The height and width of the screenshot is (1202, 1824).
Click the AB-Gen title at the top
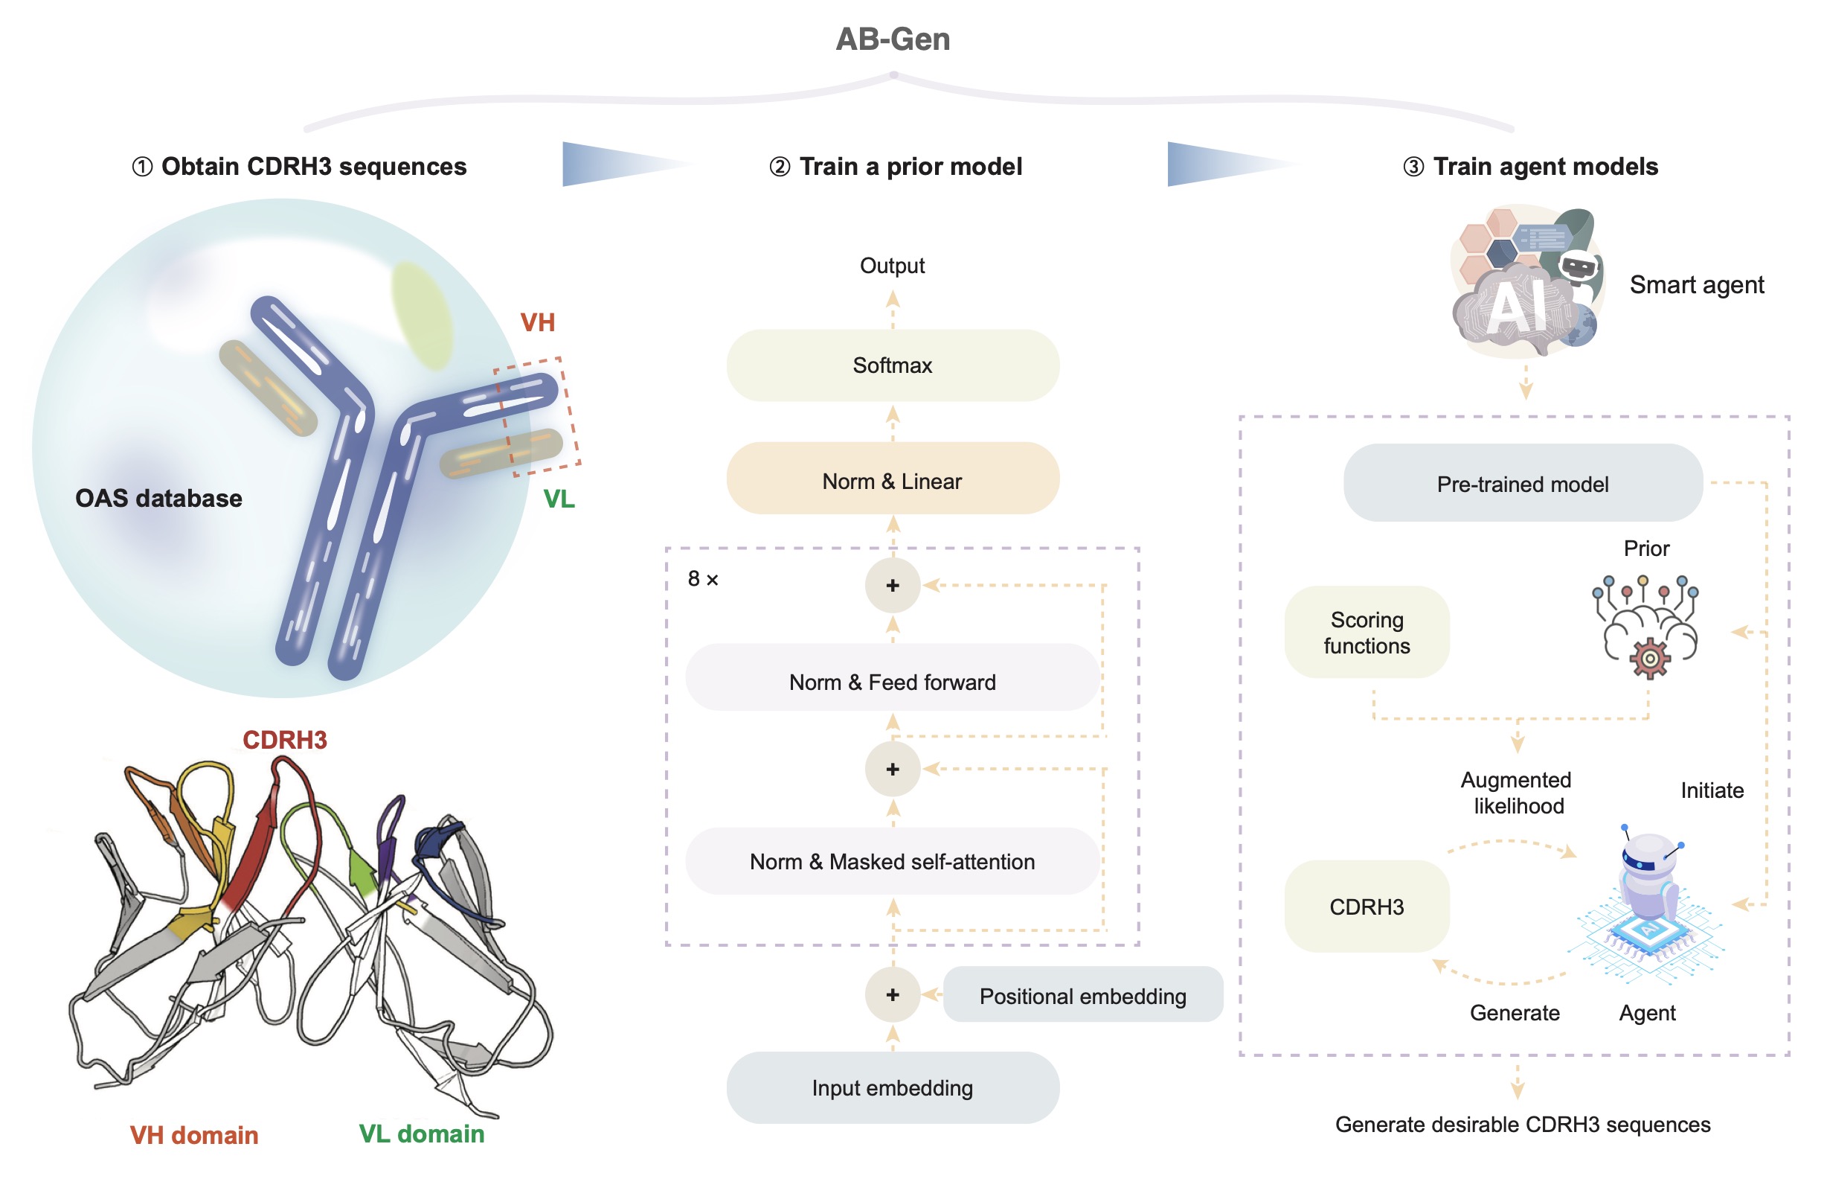(x=893, y=39)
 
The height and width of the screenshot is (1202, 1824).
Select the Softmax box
(x=893, y=365)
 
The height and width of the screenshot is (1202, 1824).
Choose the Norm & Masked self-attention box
(x=893, y=862)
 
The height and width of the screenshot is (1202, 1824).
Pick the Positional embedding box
(x=1083, y=995)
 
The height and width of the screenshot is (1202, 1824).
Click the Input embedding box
(x=893, y=1089)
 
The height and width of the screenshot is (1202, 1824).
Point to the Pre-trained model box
(x=1523, y=484)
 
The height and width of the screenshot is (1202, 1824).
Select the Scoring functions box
(x=1367, y=633)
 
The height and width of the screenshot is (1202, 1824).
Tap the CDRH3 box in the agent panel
(x=1367, y=907)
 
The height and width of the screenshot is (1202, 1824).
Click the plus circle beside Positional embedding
(x=893, y=995)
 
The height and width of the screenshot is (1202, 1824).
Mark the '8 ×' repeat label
(x=703, y=579)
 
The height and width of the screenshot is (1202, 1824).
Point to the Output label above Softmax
(x=892, y=266)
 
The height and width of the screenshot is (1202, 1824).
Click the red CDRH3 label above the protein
(x=285, y=740)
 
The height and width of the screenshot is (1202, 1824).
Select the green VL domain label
(x=422, y=1134)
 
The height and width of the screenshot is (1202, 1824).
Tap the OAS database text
(x=158, y=498)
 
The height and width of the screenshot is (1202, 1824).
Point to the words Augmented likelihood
(x=1517, y=793)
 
